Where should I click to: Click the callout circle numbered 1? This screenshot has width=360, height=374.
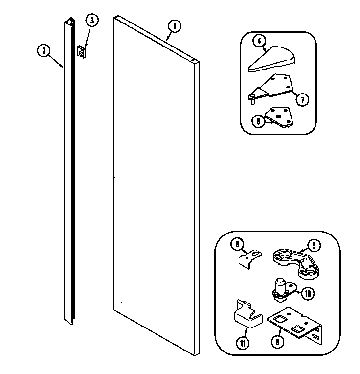(x=175, y=25)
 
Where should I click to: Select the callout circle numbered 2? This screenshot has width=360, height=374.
(x=44, y=49)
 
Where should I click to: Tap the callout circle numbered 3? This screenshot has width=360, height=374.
(x=91, y=20)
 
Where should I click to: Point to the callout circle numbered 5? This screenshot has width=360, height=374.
(x=314, y=244)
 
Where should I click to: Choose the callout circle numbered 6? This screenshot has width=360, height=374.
(x=237, y=243)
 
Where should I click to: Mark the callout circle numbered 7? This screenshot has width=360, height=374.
(x=302, y=100)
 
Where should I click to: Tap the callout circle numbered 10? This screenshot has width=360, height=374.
(x=308, y=294)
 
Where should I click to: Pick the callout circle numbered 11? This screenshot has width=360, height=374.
(x=243, y=343)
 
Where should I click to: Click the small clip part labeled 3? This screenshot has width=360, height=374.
(x=83, y=51)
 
